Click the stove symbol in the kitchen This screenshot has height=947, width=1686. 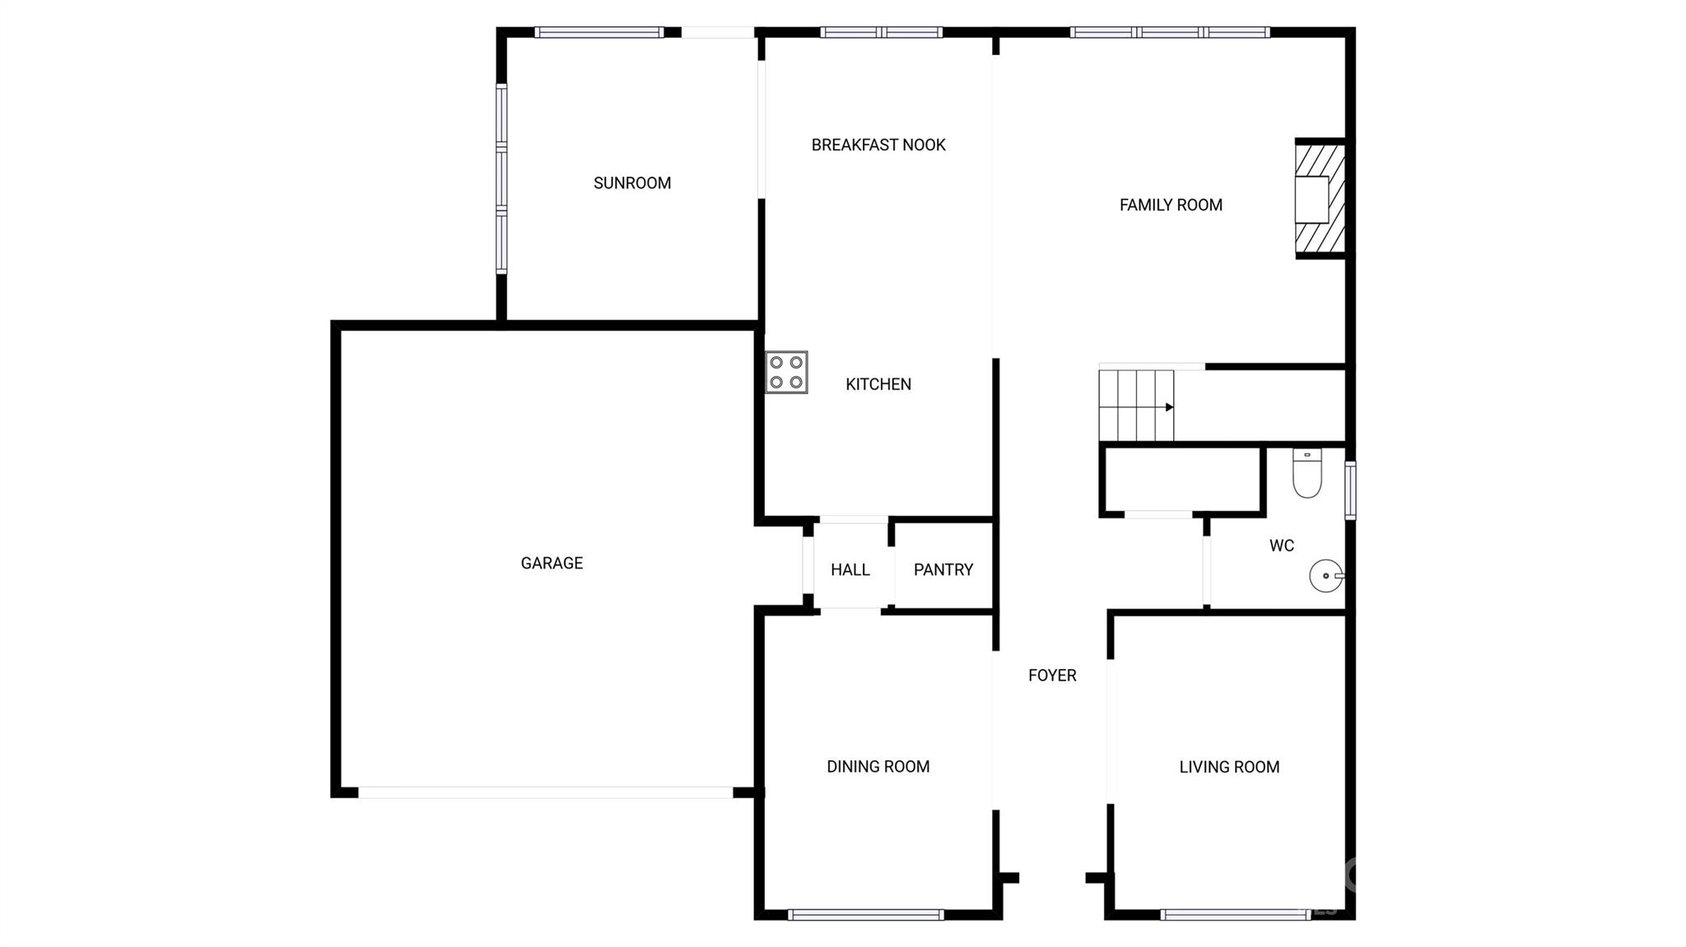click(x=786, y=372)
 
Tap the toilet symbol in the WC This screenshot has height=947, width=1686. click(x=1306, y=473)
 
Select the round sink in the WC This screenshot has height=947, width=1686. click(x=1325, y=575)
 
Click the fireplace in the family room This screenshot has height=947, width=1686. click(x=1319, y=199)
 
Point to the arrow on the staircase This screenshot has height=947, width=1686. click(x=1169, y=407)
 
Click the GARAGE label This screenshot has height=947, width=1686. click(x=552, y=564)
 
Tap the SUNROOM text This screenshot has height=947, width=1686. click(x=632, y=183)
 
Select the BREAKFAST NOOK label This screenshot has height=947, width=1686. click(x=878, y=146)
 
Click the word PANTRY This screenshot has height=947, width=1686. click(x=943, y=569)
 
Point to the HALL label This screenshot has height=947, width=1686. click(x=850, y=569)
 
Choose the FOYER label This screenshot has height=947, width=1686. click(x=1052, y=675)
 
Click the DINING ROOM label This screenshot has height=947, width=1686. click(x=878, y=767)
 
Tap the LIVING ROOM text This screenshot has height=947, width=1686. click(x=1229, y=768)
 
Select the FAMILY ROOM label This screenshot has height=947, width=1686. click(x=1171, y=205)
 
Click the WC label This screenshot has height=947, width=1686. click(x=1281, y=545)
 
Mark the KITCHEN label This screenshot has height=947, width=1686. click(x=878, y=384)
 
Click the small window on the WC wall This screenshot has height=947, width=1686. click(x=1350, y=490)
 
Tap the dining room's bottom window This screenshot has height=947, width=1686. click(x=865, y=914)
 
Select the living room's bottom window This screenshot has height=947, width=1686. click(x=1235, y=914)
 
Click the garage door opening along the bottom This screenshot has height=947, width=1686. click(x=545, y=792)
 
